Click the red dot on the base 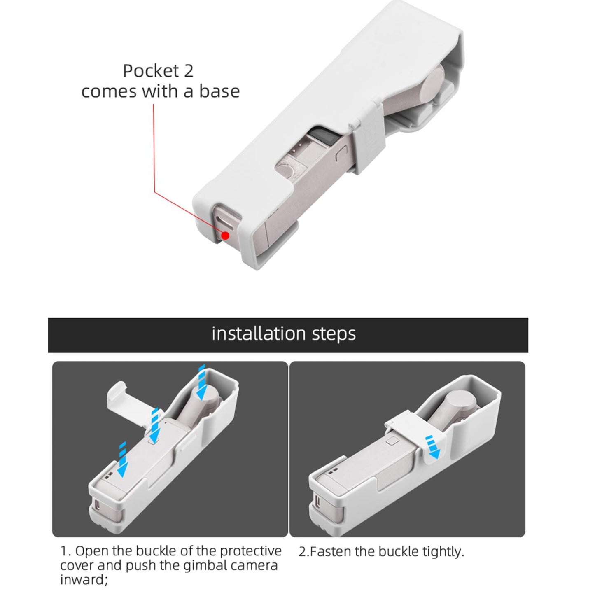(x=225, y=236)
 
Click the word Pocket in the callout (x=147, y=71)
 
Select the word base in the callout (x=219, y=91)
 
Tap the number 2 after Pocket (x=188, y=71)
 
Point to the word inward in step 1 (x=82, y=579)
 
